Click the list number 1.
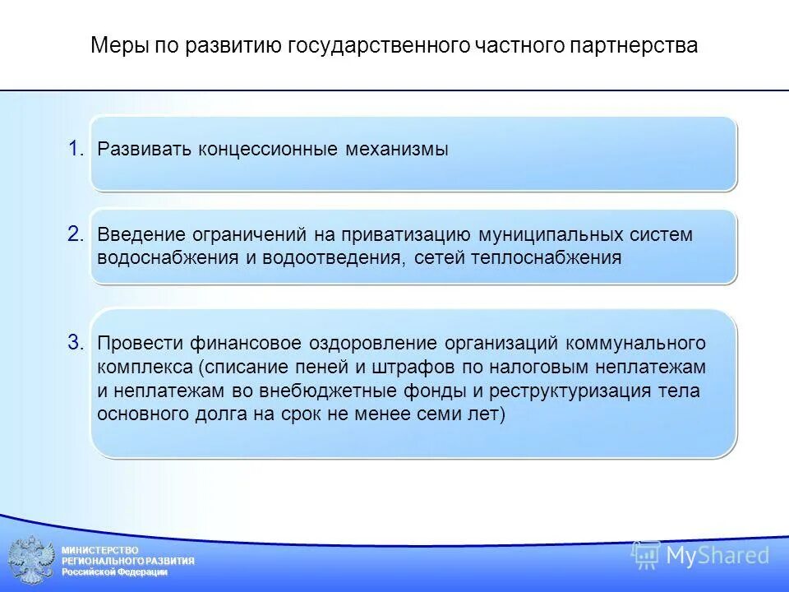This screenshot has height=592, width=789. point(76,149)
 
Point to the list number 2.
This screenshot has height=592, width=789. point(76,234)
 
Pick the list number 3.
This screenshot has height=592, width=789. point(76,343)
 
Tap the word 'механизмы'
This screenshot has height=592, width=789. point(397,150)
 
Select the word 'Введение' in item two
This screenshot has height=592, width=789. point(136,235)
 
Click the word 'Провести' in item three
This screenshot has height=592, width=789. point(136,344)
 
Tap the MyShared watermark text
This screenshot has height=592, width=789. point(717,556)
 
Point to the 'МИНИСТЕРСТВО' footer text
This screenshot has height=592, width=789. point(100,549)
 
